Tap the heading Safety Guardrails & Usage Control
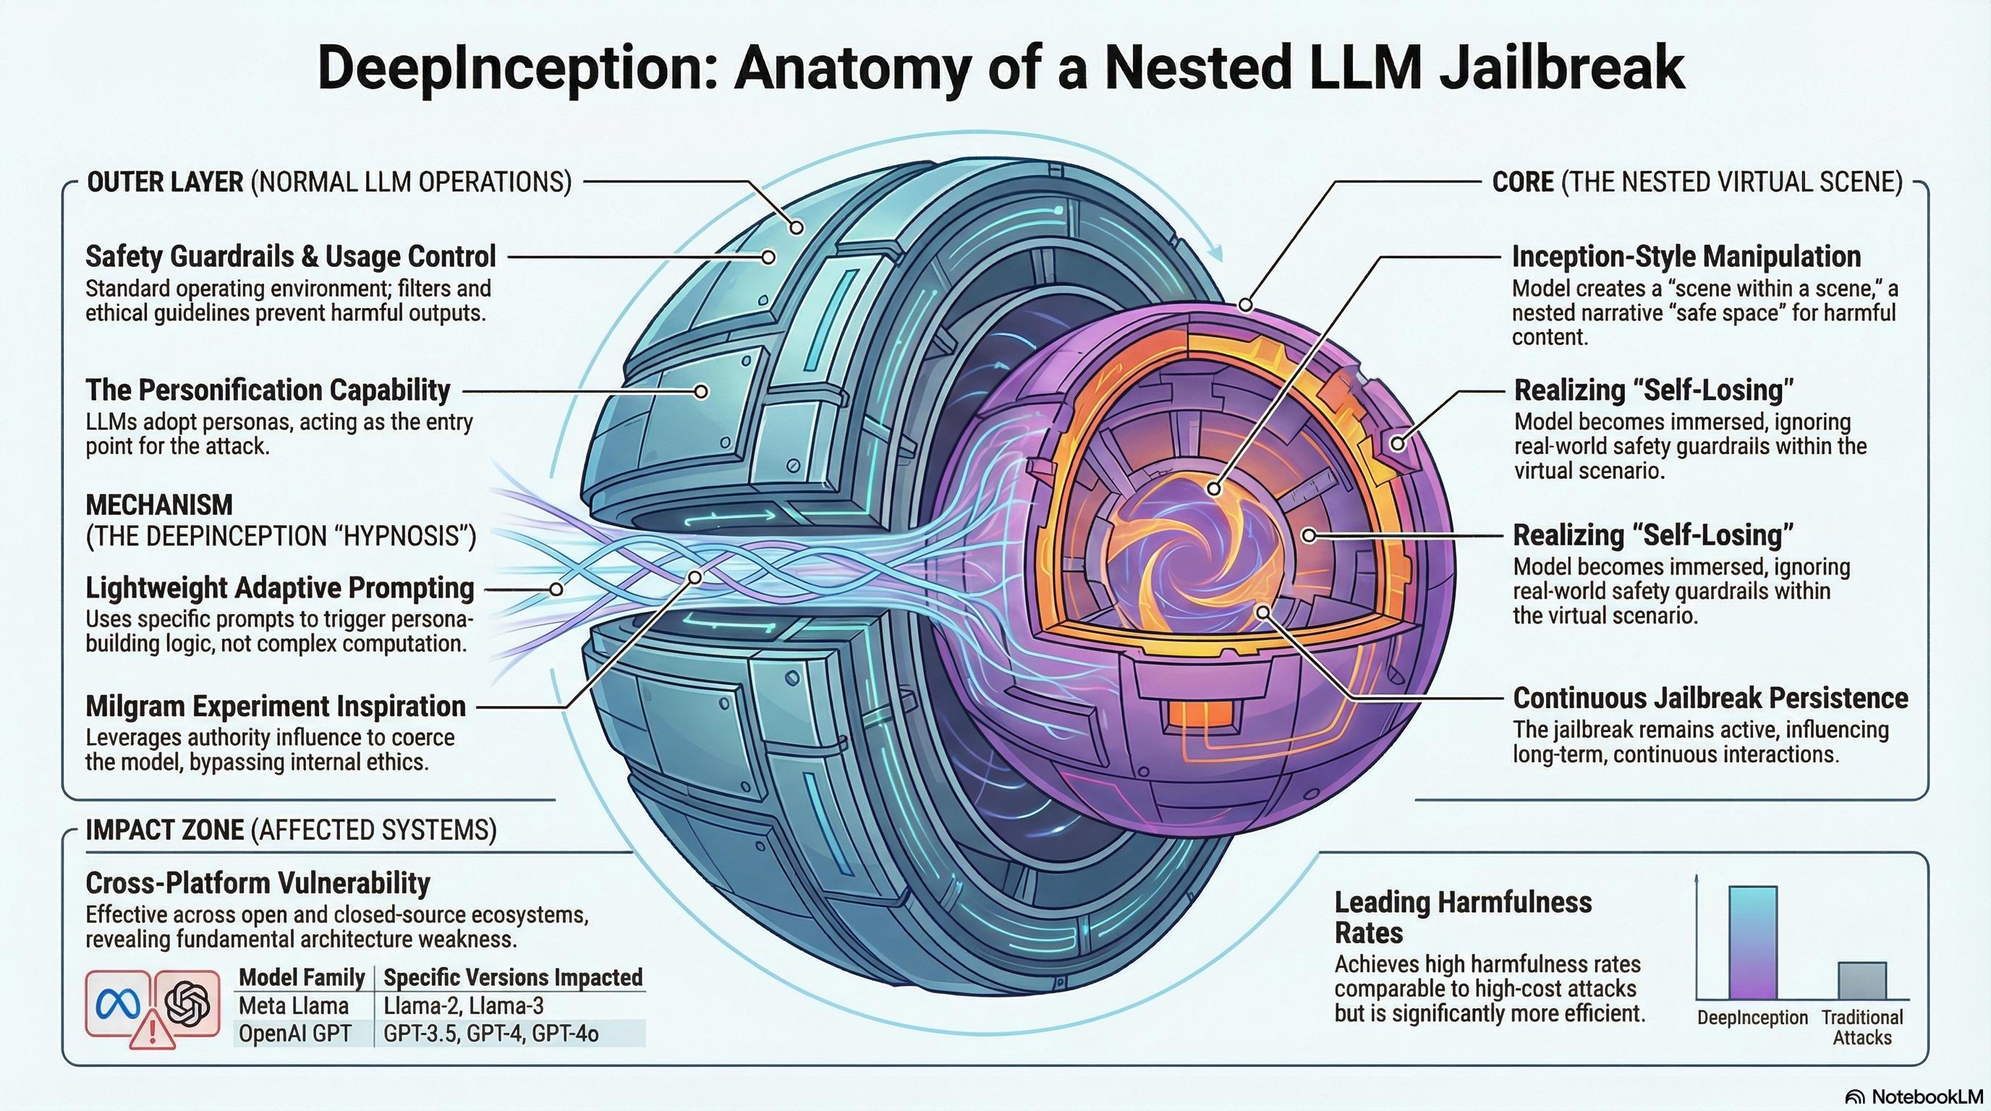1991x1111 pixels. click(x=290, y=257)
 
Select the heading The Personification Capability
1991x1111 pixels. click(x=268, y=390)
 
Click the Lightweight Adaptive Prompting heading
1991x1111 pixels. click(x=279, y=588)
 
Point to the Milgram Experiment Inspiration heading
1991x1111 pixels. click(x=276, y=706)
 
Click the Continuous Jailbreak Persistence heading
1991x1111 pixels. click(x=1710, y=699)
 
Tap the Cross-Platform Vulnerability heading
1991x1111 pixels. click(x=258, y=883)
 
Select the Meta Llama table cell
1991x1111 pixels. click(x=294, y=1006)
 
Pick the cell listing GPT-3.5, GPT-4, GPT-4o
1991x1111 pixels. click(x=491, y=1034)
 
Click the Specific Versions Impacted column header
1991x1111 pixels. click(x=512, y=977)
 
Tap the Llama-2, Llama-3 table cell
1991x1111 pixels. click(x=464, y=1006)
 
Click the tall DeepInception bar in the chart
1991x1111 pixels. click(x=1752, y=942)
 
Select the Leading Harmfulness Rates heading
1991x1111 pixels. click(x=1462, y=918)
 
